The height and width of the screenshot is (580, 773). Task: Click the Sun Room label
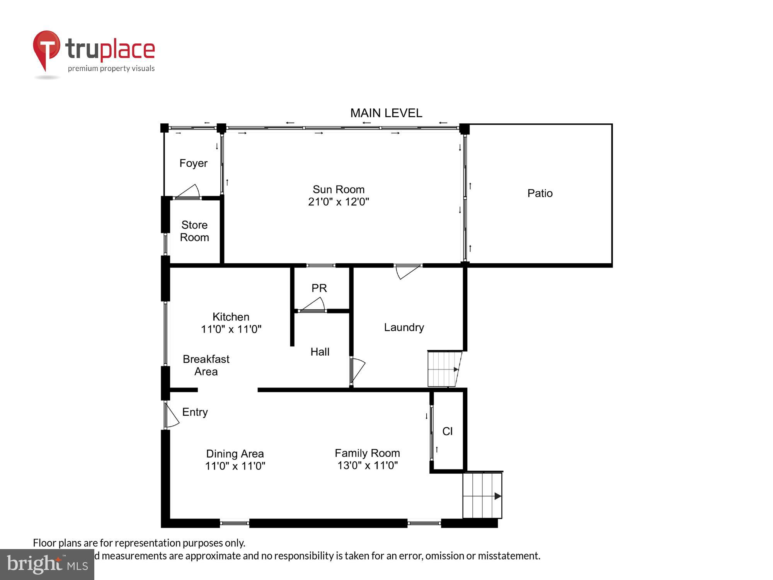pos(338,189)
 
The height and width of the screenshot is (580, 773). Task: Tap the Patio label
pos(540,193)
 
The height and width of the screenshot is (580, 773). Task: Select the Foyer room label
pos(193,163)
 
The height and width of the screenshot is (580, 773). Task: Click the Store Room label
pos(194,231)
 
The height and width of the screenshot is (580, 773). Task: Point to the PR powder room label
pos(319,288)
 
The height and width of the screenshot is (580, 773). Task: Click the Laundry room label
pos(404,328)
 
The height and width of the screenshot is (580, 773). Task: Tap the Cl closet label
pos(447,432)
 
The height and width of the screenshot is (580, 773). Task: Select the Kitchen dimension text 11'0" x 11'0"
pos(231,329)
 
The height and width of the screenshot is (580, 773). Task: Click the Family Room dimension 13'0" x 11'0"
pos(367,466)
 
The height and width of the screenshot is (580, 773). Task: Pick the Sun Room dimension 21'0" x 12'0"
pos(338,202)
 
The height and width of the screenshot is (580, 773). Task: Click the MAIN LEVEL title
pos(386,113)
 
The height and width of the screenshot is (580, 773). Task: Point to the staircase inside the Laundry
pos(444,369)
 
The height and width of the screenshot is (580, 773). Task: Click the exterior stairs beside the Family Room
pos(482,495)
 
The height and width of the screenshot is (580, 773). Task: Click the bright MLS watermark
pos(47,565)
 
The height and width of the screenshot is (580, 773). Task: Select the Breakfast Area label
pos(206,365)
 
